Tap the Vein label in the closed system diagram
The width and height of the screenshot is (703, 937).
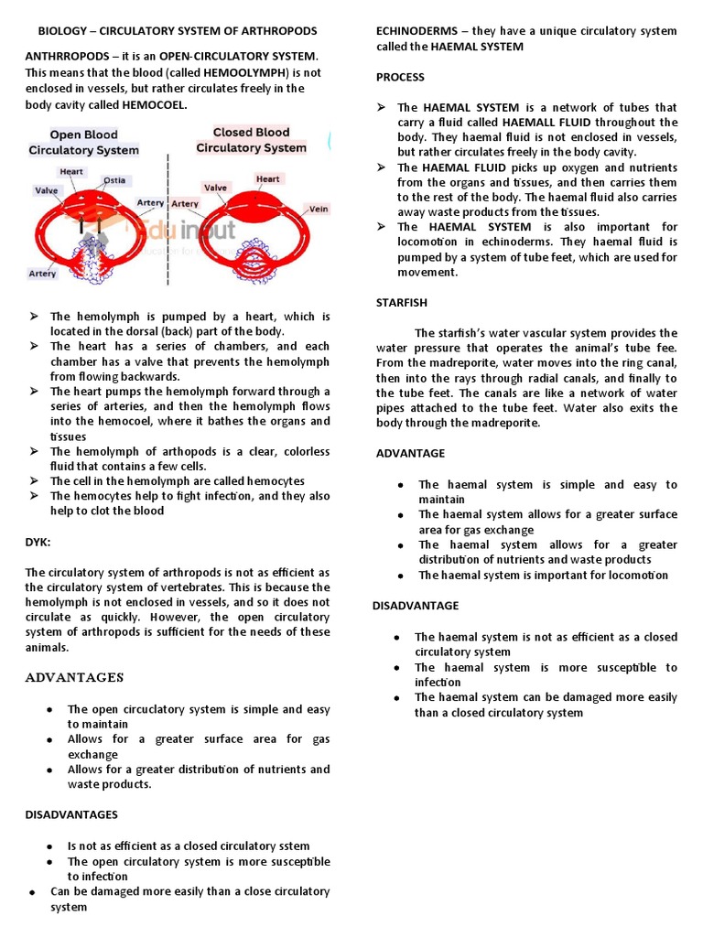[319, 209]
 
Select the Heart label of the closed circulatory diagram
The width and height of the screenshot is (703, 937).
[268, 179]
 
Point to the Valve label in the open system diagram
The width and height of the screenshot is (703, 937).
[47, 191]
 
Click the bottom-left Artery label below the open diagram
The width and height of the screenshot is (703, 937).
[42, 273]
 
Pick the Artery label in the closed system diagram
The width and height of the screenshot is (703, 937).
[185, 204]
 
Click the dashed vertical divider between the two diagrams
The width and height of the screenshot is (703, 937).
[168, 220]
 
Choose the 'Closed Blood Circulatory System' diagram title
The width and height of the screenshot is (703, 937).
[251, 139]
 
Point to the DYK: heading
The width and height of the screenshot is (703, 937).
[38, 543]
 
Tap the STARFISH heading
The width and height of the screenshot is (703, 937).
[402, 302]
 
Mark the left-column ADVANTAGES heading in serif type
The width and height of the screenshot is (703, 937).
[74, 678]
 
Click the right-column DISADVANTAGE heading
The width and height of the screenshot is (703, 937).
[416, 606]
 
